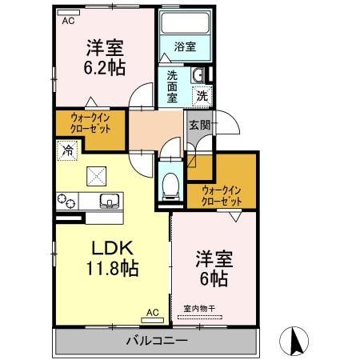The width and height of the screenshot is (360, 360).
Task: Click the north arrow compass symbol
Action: coord(294,341)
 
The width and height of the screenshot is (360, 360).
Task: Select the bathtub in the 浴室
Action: coord(186,23)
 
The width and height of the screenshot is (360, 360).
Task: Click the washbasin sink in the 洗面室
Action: coord(198,75)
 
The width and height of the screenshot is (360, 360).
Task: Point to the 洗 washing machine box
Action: coord(202,96)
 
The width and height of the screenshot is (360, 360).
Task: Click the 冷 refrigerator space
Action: coord(67,150)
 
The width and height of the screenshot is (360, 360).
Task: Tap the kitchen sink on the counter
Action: coord(110,201)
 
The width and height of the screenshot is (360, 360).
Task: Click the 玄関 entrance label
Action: coord(200,125)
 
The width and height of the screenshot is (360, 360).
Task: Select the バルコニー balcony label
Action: coord(157,341)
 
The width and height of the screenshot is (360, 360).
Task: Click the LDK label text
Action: coord(112,248)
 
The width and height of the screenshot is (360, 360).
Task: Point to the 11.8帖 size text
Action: coord(112,268)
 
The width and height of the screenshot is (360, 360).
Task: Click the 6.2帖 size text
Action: coord(105,68)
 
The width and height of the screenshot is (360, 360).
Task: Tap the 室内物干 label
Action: coord(199,309)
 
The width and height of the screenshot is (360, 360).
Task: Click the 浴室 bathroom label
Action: coord(185,46)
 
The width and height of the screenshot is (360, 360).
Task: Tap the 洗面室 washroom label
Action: coord(172,86)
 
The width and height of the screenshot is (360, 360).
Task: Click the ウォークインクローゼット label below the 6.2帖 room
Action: coord(90,123)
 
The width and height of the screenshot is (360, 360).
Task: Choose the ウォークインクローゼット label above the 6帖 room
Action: coord(222,196)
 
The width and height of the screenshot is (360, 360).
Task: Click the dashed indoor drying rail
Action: coord(200,317)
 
